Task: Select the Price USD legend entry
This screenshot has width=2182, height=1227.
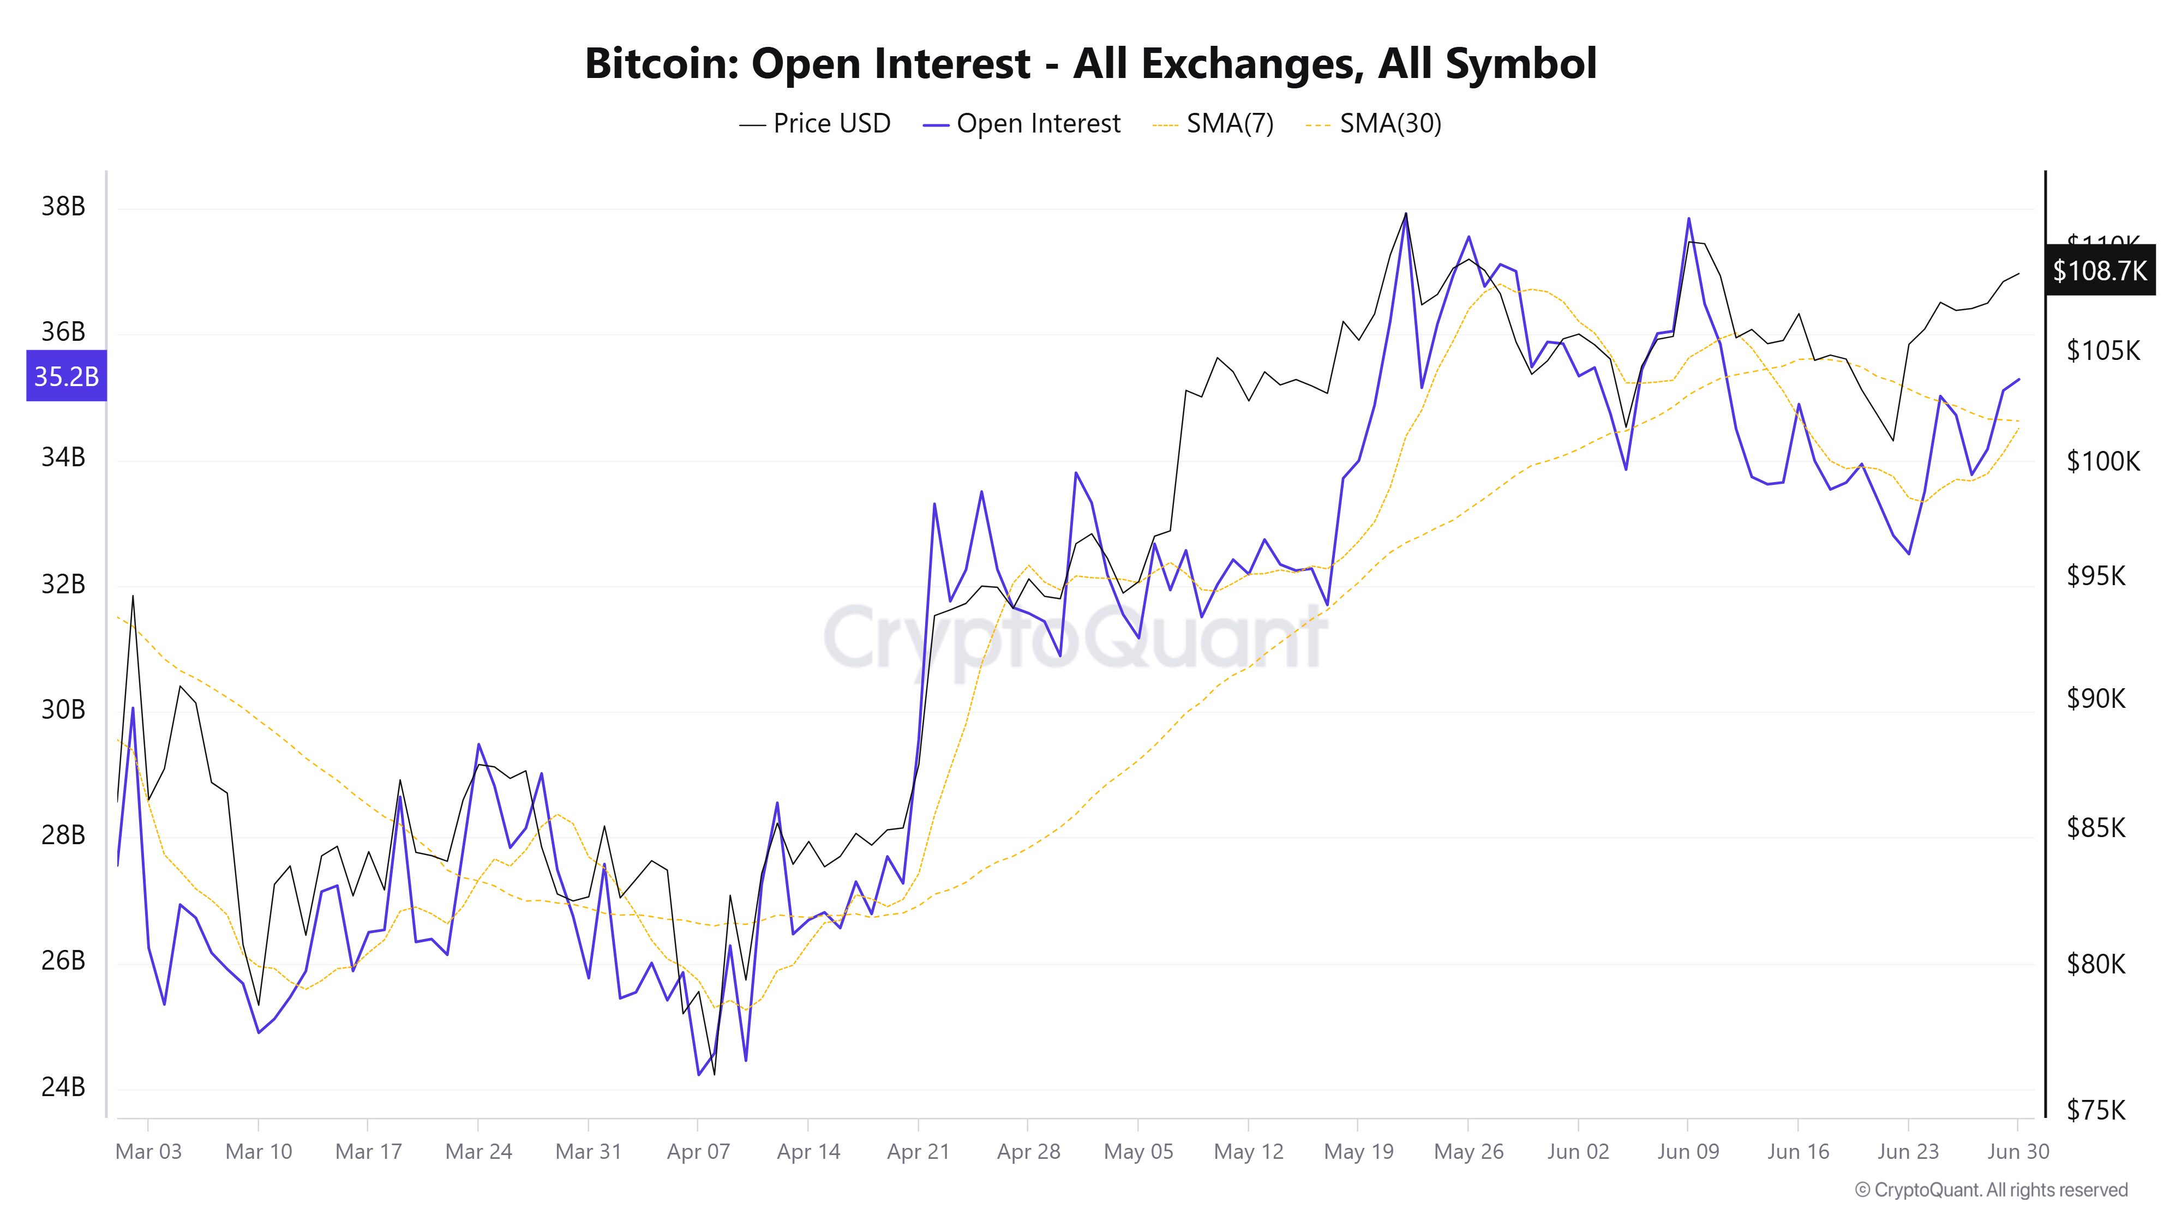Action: (815, 124)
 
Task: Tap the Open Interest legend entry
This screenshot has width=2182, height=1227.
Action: (1022, 124)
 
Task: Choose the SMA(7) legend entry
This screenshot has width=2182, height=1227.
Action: (1213, 124)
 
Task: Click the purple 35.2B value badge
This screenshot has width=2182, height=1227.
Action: (66, 376)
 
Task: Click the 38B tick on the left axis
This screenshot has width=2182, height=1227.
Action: (63, 207)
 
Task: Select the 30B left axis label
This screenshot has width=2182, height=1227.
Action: (63, 709)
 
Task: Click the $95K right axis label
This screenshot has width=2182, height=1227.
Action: (2096, 576)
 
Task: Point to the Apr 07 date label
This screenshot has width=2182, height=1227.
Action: (698, 1152)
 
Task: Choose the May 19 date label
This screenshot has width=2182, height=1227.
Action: (1358, 1152)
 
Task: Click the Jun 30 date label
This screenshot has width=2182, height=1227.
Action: (2018, 1152)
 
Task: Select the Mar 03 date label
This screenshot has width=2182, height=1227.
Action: (148, 1152)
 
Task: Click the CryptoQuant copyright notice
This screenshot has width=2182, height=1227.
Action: (1991, 1190)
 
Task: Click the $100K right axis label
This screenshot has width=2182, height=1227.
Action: (2102, 461)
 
